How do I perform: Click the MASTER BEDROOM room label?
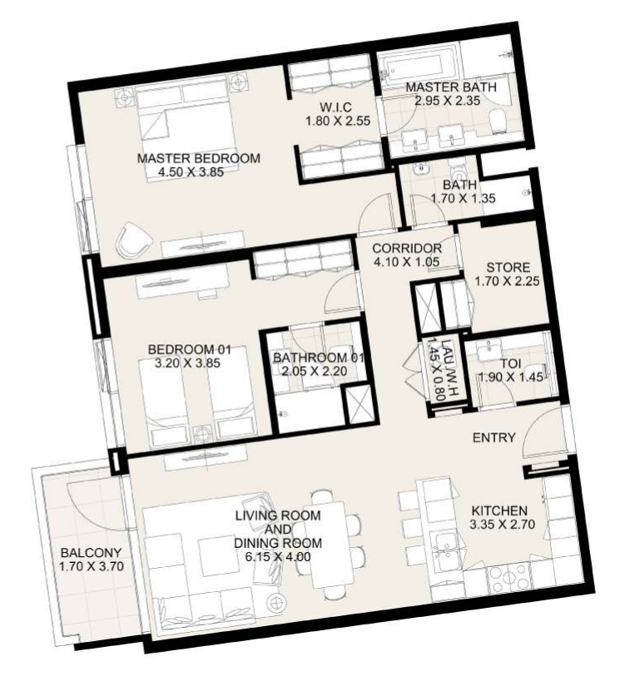coord(199,158)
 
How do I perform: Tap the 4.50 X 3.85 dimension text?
coord(191,172)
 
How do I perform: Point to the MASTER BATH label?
coord(451,87)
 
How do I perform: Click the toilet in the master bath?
coord(499,121)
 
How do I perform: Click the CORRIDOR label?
coord(407,249)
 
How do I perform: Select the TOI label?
coord(510,363)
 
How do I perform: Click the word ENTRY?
coord(494,438)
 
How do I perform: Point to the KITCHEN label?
coord(499,511)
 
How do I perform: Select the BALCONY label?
coord(91,553)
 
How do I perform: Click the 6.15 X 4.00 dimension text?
coord(278,556)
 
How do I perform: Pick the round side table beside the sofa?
coord(276,604)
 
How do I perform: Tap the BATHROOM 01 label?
coord(319,358)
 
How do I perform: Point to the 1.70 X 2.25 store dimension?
coord(508,281)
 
